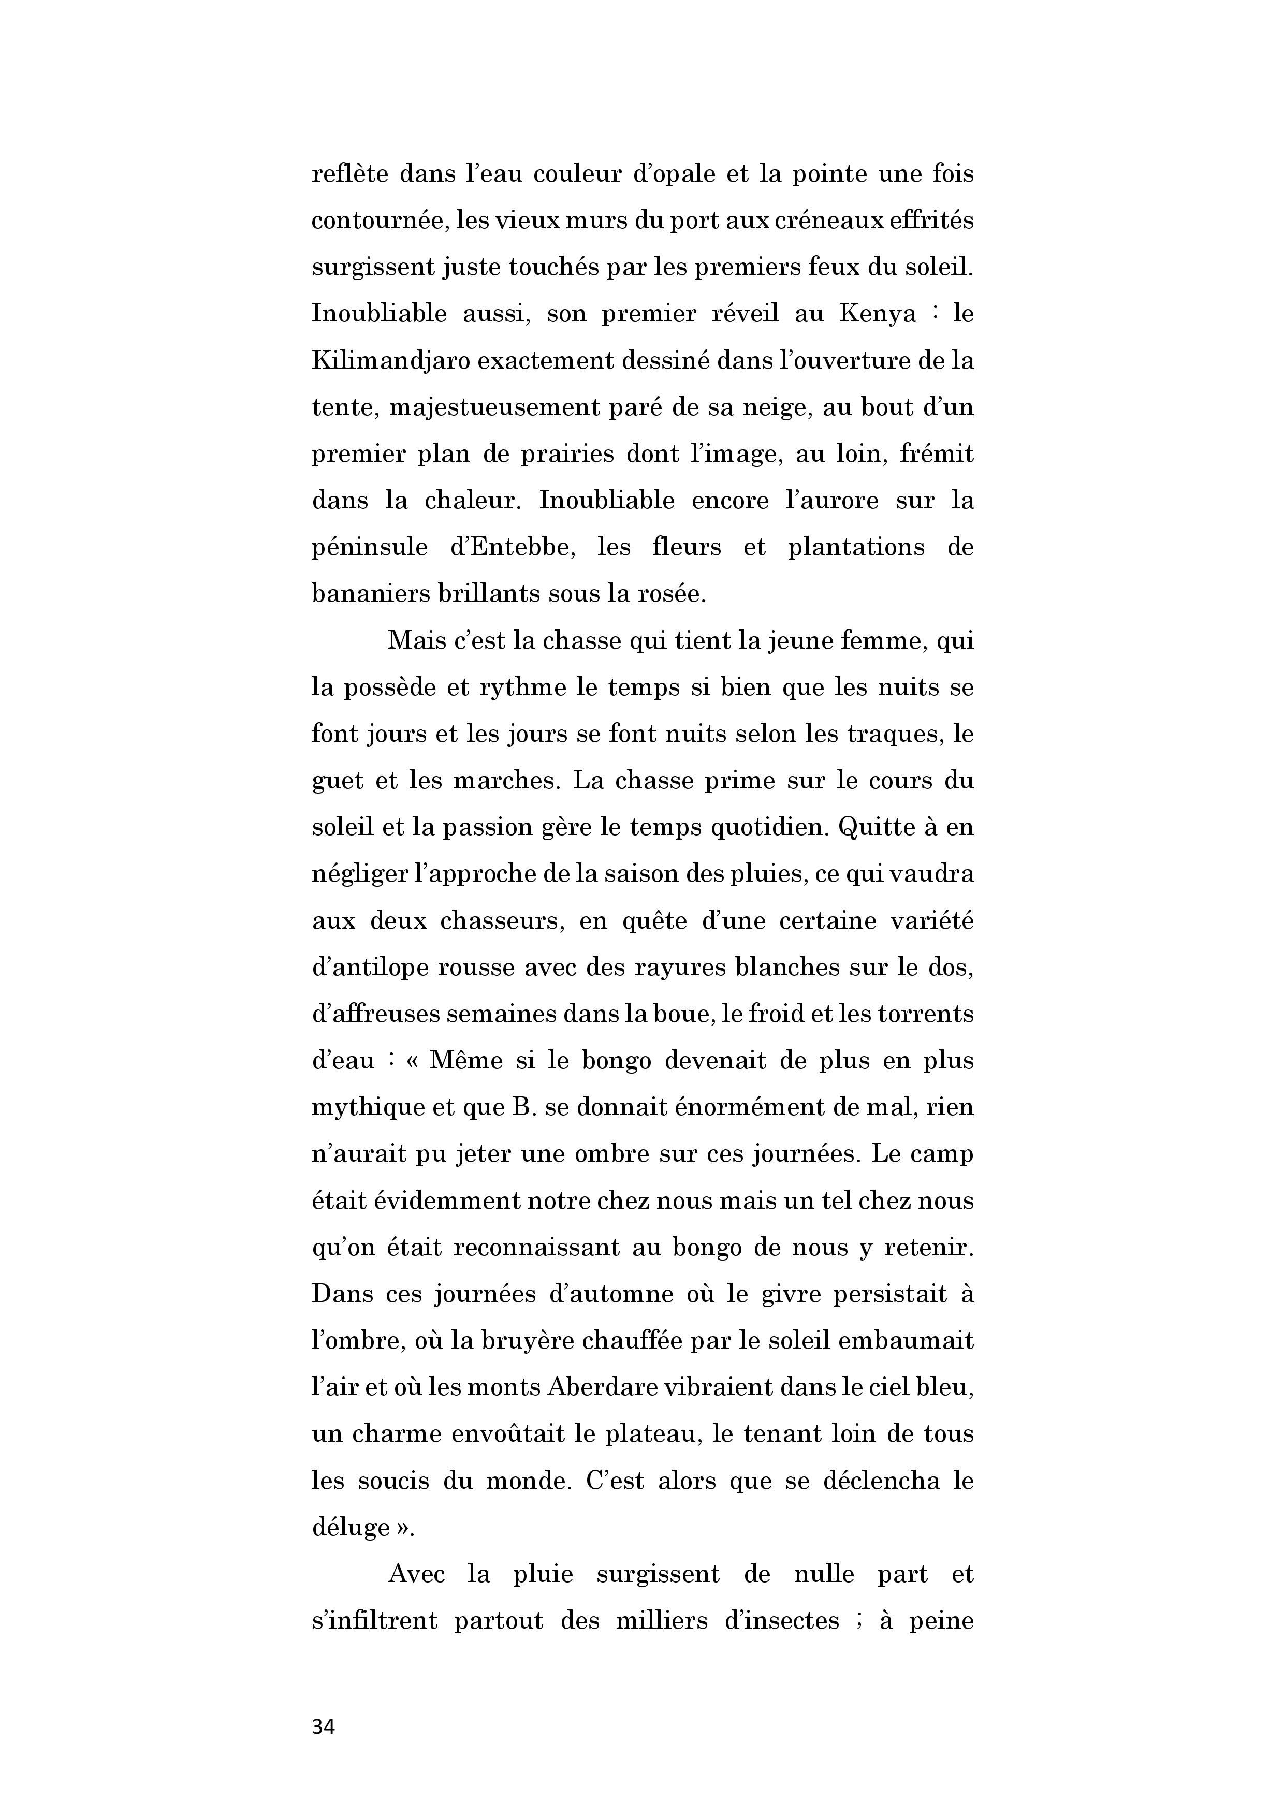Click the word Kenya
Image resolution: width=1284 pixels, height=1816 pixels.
point(878,314)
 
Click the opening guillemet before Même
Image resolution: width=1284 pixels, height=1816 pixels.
point(415,1061)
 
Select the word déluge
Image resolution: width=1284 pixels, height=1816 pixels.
point(351,1528)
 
